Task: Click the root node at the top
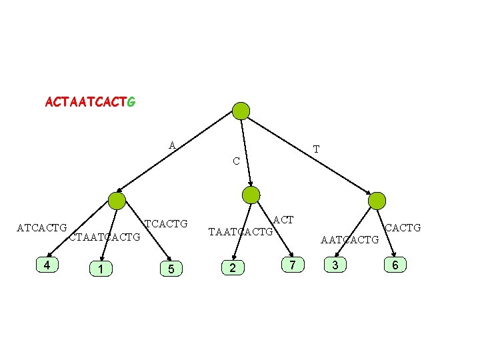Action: [241, 111]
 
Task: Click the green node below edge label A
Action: [117, 201]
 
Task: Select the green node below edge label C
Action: [251, 195]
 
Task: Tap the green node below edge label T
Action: [377, 200]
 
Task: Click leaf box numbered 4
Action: [46, 265]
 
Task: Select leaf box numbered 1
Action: [100, 269]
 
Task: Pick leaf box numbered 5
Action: [171, 269]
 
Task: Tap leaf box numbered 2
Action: [232, 268]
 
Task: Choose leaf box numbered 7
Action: [293, 265]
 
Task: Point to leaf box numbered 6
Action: [395, 266]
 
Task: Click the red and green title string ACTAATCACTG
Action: [90, 103]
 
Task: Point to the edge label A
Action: [172, 145]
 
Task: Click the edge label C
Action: [236, 161]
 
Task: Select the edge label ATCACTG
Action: [41, 228]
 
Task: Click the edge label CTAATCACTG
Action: [105, 237]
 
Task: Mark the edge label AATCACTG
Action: [349, 239]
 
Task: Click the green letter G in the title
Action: [131, 103]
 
